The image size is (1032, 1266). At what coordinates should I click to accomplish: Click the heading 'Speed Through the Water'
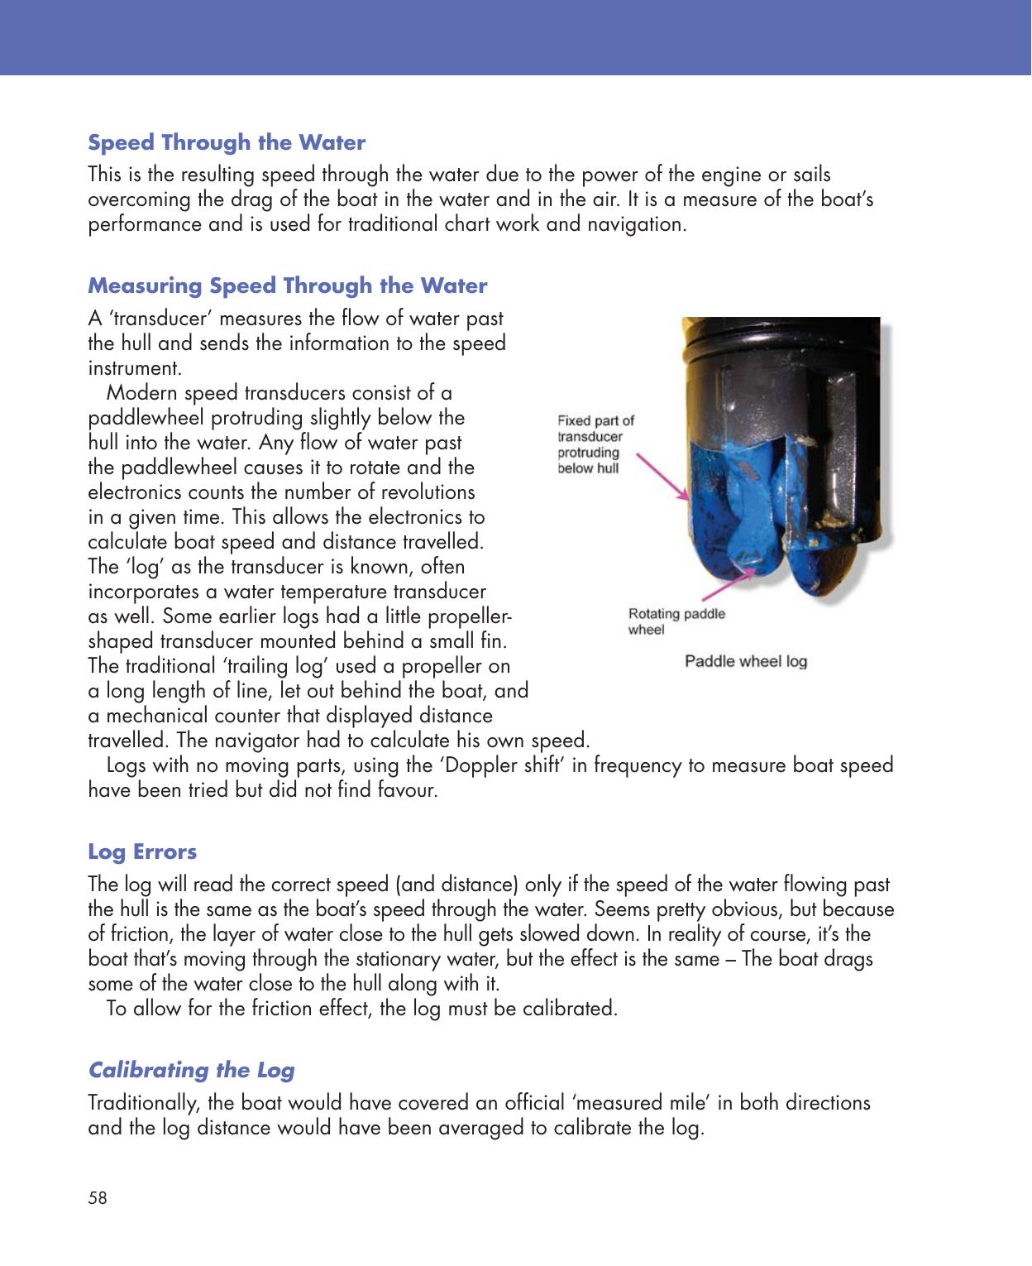click(227, 142)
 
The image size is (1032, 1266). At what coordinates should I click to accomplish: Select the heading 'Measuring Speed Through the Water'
click(287, 285)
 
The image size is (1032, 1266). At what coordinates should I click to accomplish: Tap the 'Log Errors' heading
click(142, 851)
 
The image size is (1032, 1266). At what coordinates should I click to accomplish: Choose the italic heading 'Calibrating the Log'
click(191, 1070)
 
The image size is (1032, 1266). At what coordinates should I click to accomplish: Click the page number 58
click(98, 1197)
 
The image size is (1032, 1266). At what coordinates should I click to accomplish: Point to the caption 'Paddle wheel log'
click(746, 661)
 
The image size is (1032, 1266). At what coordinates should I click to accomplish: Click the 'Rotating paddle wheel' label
click(676, 621)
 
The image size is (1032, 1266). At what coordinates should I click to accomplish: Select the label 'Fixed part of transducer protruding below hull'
click(595, 444)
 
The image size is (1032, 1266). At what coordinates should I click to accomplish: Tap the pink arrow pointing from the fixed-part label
click(662, 477)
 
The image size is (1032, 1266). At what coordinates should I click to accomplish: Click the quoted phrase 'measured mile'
click(647, 1103)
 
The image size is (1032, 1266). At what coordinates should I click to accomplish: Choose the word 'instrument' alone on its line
click(133, 368)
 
